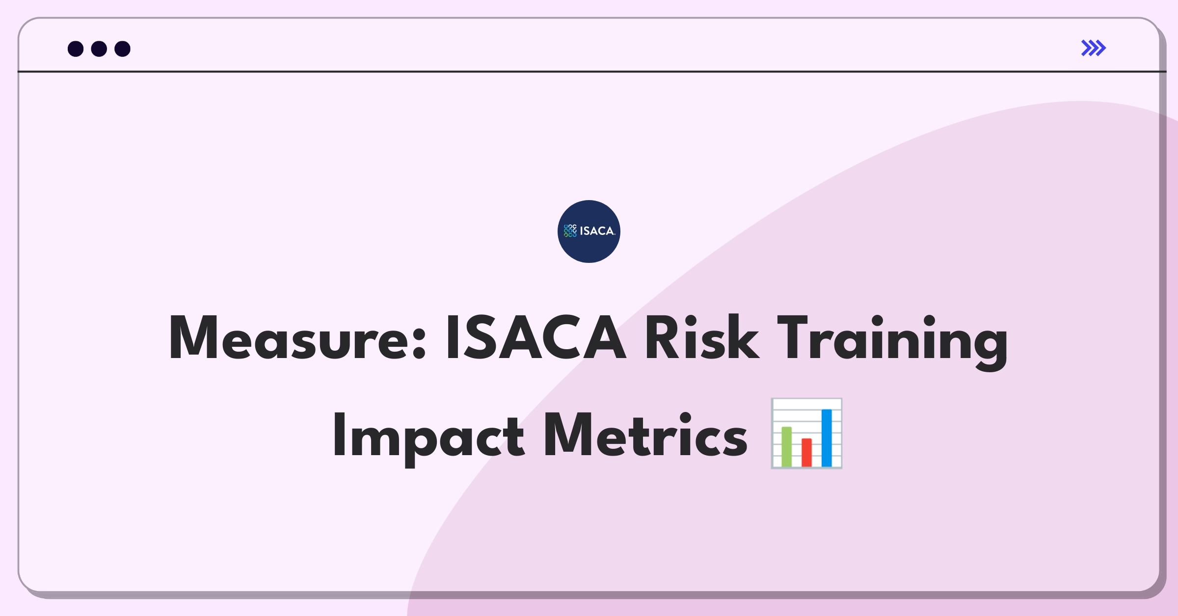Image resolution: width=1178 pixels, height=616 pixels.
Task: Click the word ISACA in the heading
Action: [535, 337]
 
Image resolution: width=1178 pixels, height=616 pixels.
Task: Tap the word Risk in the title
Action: [702, 337]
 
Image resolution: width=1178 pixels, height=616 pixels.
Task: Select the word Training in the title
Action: [893, 342]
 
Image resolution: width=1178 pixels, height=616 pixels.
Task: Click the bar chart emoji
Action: [806, 433]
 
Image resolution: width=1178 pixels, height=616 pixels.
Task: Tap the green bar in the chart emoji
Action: [786, 446]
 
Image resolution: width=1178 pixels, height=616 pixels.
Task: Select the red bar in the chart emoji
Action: [806, 452]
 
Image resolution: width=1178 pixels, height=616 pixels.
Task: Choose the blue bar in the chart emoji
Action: [827, 437]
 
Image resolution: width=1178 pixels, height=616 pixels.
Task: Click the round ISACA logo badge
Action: [589, 231]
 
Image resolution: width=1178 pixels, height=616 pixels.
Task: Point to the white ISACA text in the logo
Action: [597, 231]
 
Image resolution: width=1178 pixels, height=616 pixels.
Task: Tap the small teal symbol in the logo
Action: [570, 231]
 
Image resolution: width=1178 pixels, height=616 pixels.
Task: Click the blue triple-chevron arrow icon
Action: [1094, 48]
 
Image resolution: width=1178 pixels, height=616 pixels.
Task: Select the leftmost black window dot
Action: [76, 49]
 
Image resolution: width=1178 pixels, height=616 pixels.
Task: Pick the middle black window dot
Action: [99, 49]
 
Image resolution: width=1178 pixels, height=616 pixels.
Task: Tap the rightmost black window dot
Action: [123, 49]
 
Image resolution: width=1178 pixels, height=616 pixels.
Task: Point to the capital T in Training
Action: [793, 337]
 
